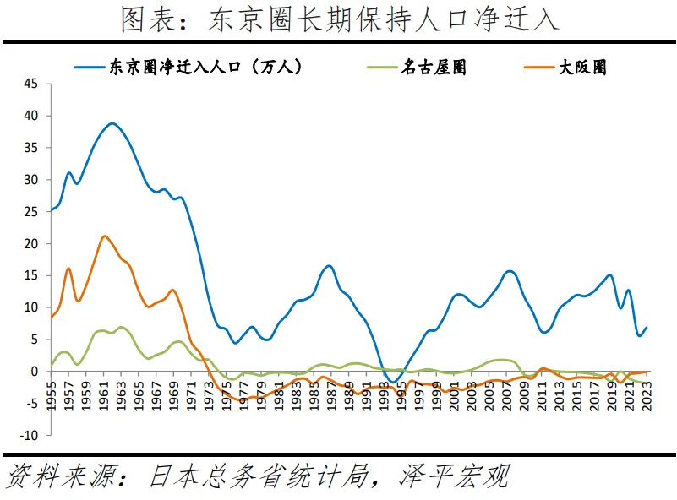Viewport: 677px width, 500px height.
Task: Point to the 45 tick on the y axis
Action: [31, 84]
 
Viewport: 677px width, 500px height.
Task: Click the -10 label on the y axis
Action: [29, 436]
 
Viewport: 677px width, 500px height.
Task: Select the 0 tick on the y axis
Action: [35, 372]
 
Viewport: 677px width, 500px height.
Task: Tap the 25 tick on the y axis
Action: [31, 212]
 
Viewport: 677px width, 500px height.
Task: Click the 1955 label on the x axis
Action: [52, 396]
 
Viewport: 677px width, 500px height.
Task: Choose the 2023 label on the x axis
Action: [647, 396]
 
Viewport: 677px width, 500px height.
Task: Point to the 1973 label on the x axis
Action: [209, 396]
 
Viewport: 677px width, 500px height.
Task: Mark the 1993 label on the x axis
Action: [385, 396]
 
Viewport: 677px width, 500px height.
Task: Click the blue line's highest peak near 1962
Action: [112, 123]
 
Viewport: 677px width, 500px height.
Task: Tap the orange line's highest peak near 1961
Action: [103, 236]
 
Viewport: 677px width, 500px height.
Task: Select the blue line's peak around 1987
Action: [329, 266]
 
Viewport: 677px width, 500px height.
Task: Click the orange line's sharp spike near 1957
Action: [68, 269]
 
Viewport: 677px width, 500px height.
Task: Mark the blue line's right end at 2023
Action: [647, 328]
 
